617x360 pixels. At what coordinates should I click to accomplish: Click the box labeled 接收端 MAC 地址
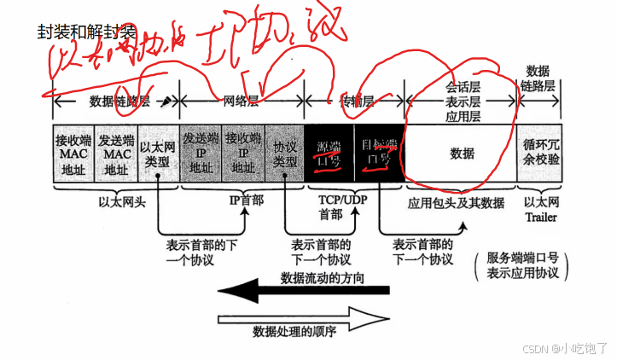[x=73, y=154]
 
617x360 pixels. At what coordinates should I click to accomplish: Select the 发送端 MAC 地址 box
[x=115, y=154]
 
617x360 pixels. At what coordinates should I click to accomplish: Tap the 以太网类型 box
[x=158, y=154]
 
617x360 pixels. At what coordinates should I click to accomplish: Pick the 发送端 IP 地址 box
[x=201, y=154]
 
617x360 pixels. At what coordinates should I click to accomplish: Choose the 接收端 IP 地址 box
[x=242, y=154]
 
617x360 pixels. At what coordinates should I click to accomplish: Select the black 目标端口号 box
[x=377, y=154]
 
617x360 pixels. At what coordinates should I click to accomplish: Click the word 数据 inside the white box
[x=462, y=154]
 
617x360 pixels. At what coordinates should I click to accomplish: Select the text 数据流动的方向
[x=323, y=277]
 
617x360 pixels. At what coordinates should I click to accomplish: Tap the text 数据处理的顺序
[x=294, y=329]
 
